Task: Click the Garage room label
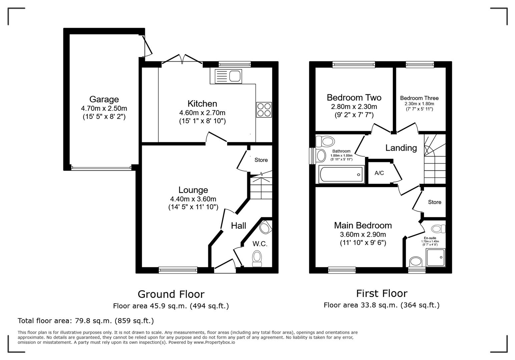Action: (104, 99)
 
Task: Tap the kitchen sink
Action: (228, 76)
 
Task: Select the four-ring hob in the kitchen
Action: (264, 110)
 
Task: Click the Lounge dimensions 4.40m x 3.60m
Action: (193, 199)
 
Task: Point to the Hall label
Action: (238, 226)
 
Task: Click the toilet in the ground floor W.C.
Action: (257, 258)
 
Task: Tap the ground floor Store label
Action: (261, 160)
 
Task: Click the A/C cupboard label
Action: (379, 173)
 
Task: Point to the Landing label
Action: (401, 148)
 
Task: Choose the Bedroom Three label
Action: (419, 98)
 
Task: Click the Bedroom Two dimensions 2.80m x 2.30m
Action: (354, 107)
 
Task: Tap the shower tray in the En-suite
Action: (436, 257)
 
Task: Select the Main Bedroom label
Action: (363, 225)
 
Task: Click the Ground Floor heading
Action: (171, 294)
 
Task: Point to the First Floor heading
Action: (382, 293)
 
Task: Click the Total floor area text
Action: (86, 321)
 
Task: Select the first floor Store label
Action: (434, 202)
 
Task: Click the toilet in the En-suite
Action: (438, 229)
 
